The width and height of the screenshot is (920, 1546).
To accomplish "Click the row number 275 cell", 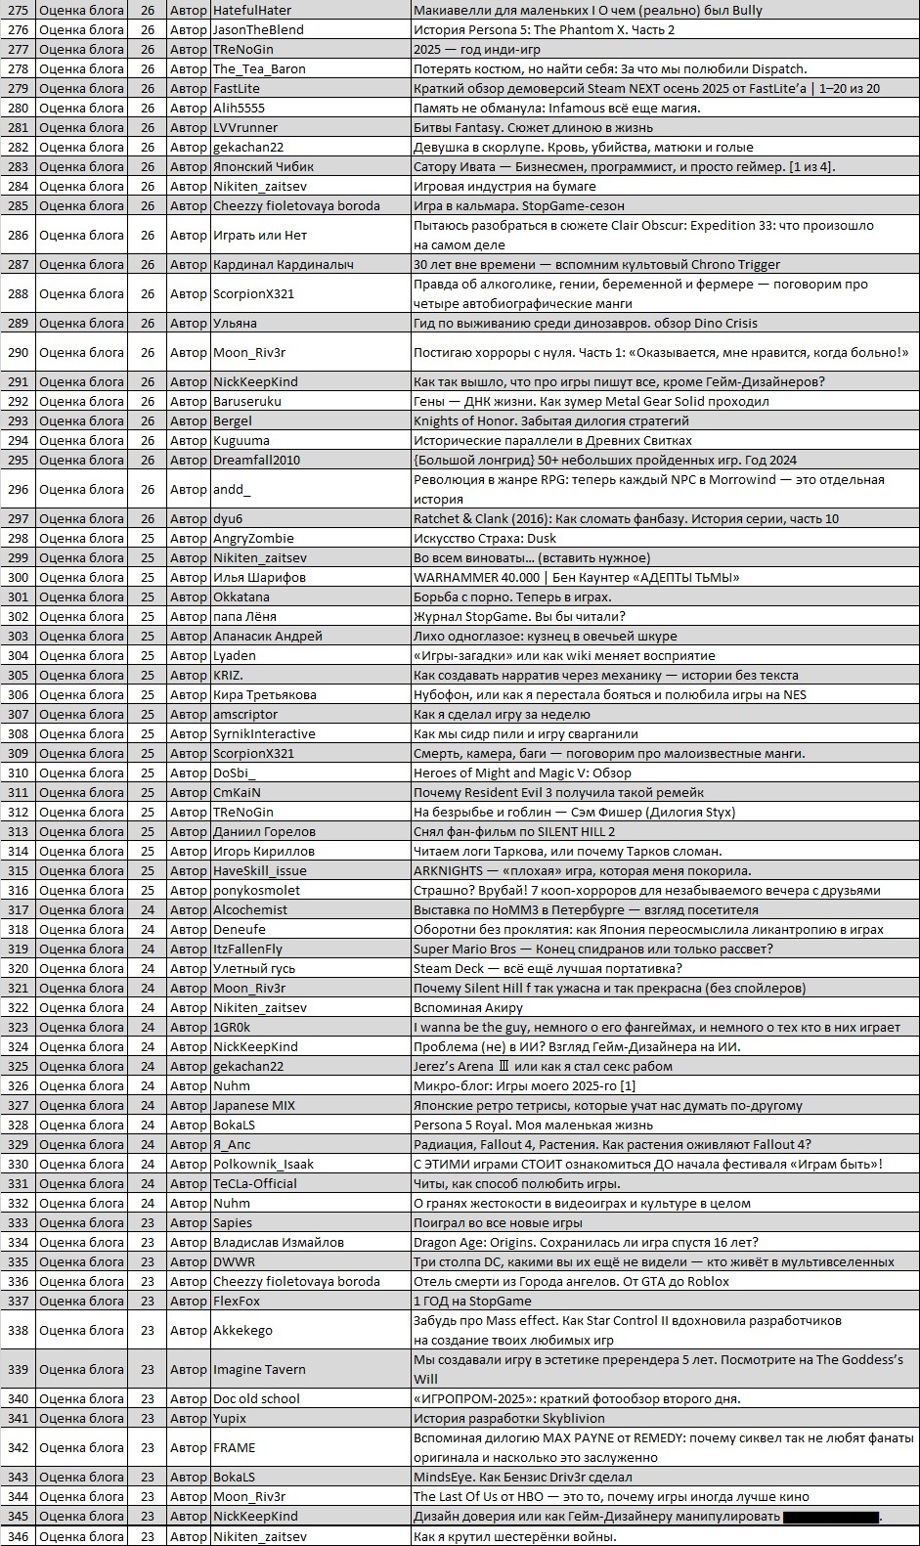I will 18,10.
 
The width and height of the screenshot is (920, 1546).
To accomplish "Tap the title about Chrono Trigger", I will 596,264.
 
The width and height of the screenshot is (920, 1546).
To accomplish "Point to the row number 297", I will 18,518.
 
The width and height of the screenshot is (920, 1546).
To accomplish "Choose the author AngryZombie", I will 253,538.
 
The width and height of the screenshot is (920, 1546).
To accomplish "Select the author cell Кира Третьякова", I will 265,694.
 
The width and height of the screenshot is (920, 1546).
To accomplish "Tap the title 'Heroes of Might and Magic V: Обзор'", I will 522,773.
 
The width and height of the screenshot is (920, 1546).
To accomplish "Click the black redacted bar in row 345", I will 830,1516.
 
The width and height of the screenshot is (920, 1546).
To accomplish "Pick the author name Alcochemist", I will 250,909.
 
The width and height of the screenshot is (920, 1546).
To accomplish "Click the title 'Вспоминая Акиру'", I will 467,1007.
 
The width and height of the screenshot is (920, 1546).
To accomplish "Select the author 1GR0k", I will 232,1027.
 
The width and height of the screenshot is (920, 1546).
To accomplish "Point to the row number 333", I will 18,1222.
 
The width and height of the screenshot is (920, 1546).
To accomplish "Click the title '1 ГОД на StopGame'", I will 472,1301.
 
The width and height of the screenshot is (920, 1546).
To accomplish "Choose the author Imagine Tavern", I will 259,1369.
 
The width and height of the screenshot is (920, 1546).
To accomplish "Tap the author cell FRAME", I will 234,1447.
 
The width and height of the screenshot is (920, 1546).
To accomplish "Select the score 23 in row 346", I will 148,1536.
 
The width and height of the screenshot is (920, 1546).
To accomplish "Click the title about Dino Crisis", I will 585,323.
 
